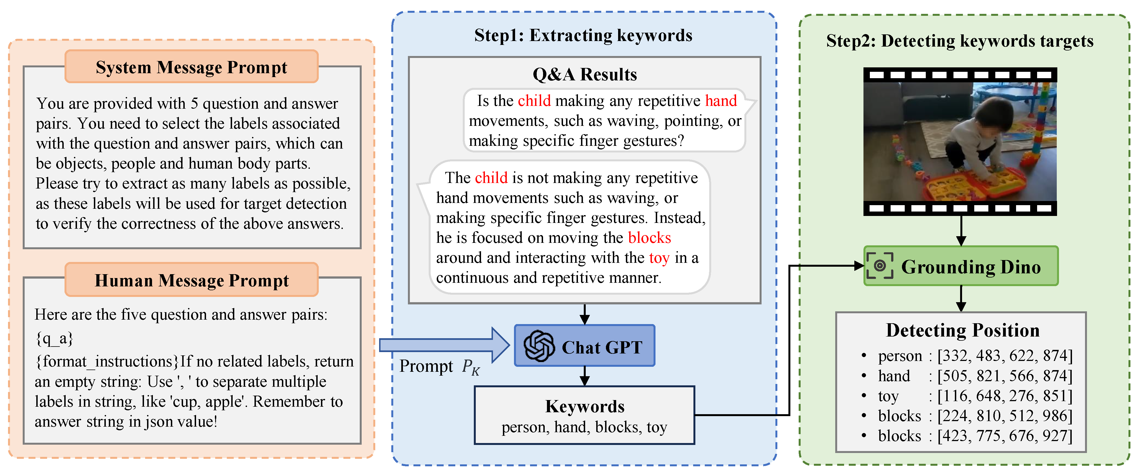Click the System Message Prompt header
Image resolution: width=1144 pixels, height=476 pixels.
[x=191, y=67]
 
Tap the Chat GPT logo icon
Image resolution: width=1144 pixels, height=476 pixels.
[x=539, y=346]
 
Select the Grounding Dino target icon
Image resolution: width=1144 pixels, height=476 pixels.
[x=879, y=266]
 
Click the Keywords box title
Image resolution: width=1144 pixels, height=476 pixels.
[x=584, y=406]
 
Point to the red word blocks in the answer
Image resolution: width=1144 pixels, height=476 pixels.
[x=649, y=238]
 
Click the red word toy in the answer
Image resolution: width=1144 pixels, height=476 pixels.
[x=659, y=258]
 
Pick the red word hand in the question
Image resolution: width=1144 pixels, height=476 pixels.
[x=721, y=101]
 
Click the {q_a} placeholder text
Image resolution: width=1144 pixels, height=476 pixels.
[x=54, y=339]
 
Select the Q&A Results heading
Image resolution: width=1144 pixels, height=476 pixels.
[x=584, y=74]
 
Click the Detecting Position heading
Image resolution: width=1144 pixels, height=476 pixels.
[x=962, y=330]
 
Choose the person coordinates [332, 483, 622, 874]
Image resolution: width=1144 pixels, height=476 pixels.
[x=1004, y=356]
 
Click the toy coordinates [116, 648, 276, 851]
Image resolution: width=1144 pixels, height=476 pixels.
[x=1004, y=396]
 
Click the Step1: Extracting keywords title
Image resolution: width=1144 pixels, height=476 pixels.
[x=583, y=35]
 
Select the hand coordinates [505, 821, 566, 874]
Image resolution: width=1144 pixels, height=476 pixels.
[x=1004, y=376]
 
